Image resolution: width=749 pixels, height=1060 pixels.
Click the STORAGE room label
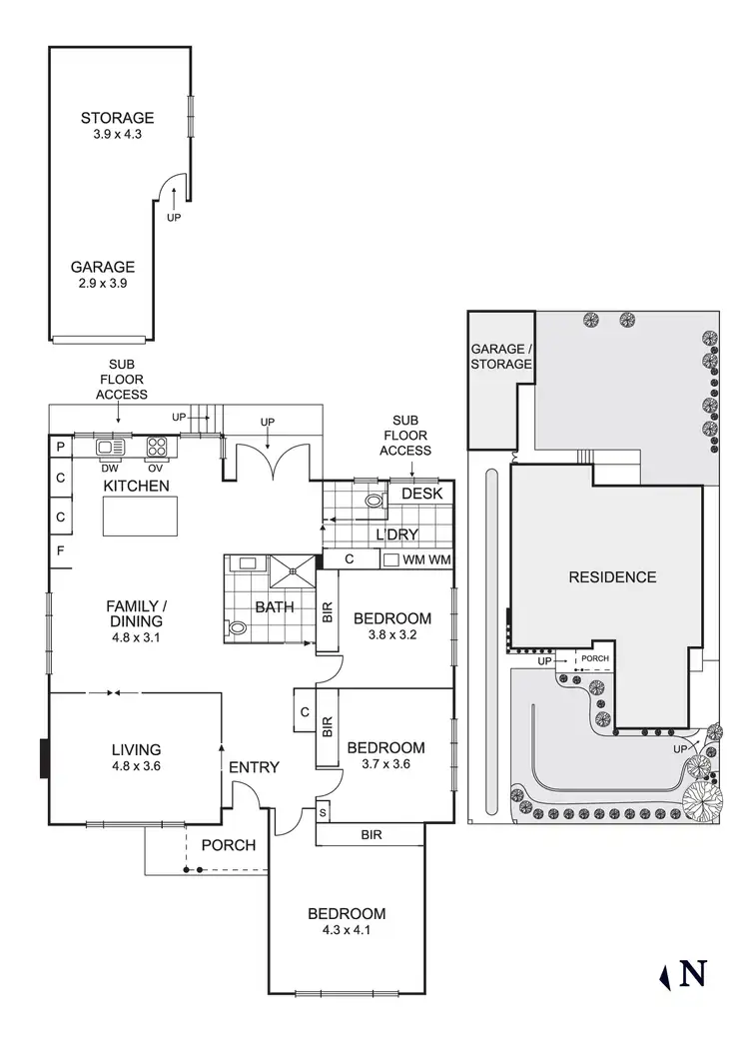pos(118,118)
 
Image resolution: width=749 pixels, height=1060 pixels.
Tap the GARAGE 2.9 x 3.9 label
pos(102,267)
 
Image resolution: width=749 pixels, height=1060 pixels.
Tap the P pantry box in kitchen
pos(60,447)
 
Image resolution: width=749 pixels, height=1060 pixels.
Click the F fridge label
pos(60,550)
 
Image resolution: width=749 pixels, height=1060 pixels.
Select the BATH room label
pos(273,606)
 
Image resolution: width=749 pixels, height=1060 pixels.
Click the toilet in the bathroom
pos(239,628)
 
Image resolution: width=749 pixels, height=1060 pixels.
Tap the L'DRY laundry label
pos(397,534)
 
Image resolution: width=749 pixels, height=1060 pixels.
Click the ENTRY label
pos(254,767)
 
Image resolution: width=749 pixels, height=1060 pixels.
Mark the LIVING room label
pos(136,749)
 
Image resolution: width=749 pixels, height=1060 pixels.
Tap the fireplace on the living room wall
pos(44,758)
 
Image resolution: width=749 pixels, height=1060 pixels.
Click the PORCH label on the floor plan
pos(229,845)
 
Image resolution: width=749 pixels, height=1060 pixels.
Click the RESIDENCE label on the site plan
pos(612,576)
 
